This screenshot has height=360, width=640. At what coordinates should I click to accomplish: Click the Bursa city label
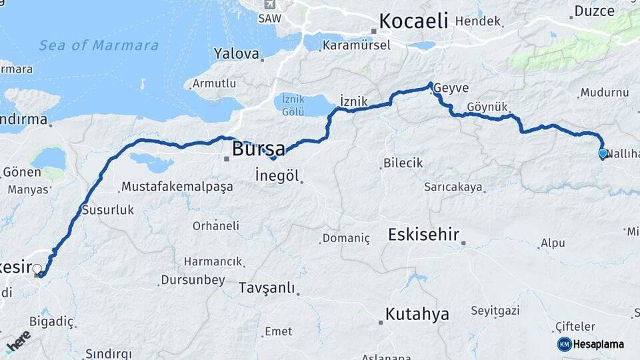[x=258, y=148]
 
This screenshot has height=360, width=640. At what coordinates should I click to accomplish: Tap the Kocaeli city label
[x=413, y=21]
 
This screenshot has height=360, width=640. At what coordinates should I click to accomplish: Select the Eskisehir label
[x=423, y=234]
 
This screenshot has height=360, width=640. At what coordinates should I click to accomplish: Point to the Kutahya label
[x=417, y=314]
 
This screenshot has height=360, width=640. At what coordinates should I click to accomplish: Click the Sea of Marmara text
[x=99, y=45]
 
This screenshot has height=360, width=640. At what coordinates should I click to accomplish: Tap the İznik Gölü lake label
[x=293, y=104]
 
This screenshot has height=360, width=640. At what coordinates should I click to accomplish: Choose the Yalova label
[x=236, y=53]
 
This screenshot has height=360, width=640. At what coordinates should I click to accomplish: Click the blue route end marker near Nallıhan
[x=603, y=153]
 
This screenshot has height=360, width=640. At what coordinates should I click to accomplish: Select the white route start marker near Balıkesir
[x=37, y=269]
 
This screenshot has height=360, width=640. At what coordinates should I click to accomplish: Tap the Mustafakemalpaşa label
[x=177, y=187]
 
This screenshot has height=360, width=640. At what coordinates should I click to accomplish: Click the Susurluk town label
[x=107, y=210]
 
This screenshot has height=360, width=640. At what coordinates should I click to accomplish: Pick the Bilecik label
[x=403, y=163]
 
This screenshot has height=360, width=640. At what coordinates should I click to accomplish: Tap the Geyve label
[x=454, y=89]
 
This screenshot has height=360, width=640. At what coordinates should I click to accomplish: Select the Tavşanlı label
[x=266, y=289]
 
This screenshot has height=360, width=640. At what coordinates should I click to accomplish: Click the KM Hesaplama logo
[x=591, y=344]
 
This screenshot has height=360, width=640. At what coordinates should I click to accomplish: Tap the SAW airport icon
[x=269, y=4]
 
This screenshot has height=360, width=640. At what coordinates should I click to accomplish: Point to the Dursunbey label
[x=193, y=280]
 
